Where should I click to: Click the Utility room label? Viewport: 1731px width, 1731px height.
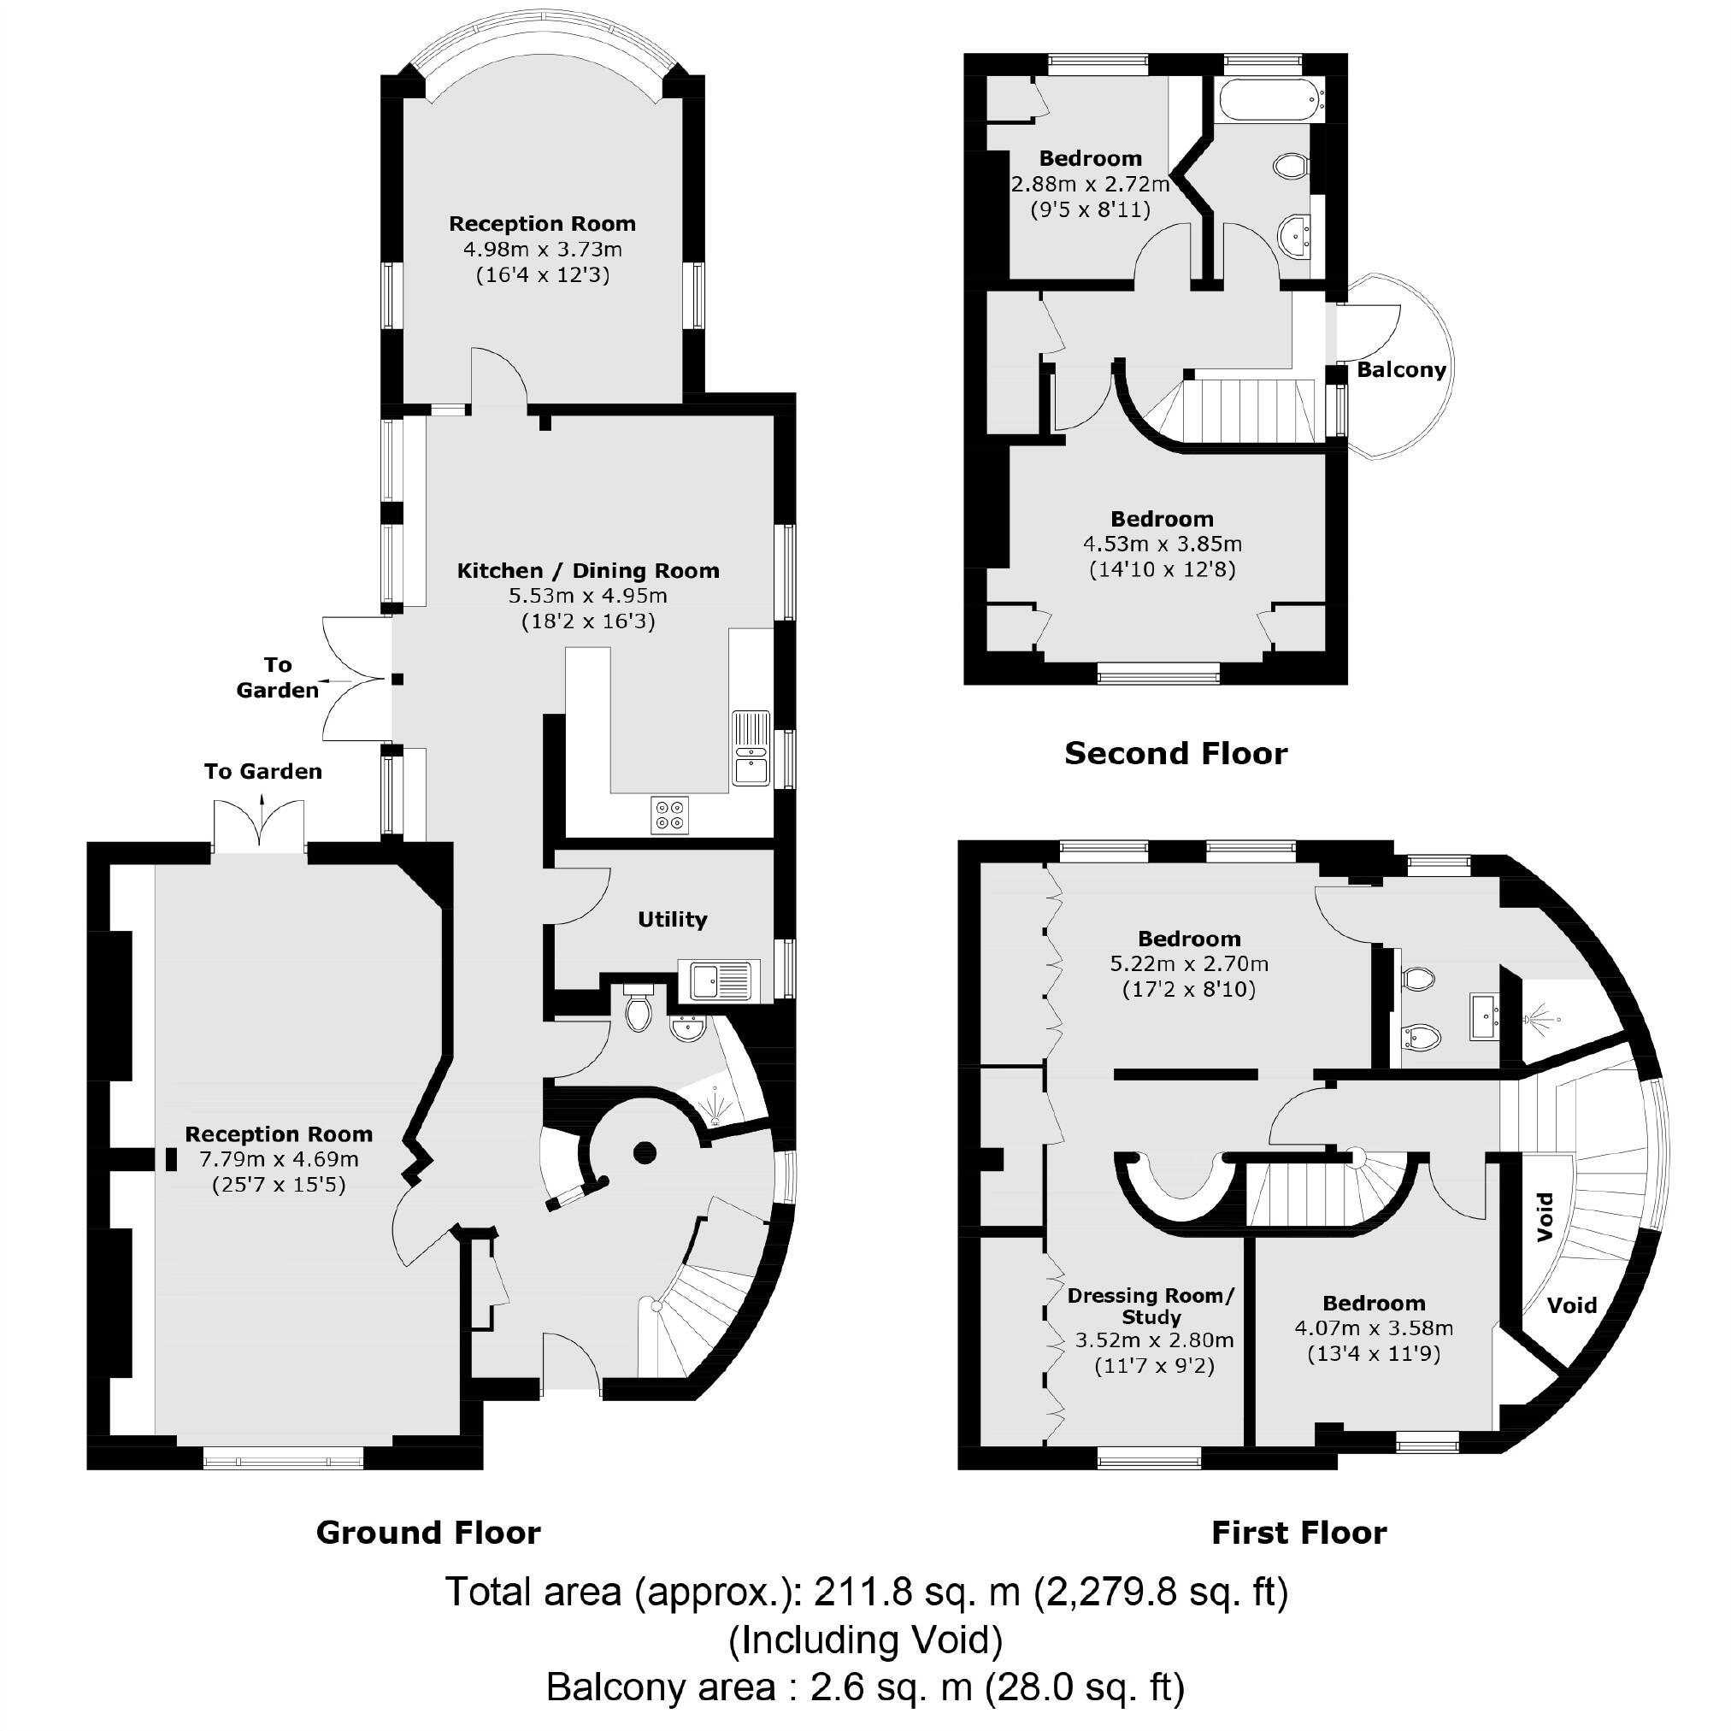[x=672, y=919]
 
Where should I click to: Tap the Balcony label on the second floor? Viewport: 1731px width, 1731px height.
[x=1401, y=370]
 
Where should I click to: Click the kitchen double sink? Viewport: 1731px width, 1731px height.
[x=751, y=748]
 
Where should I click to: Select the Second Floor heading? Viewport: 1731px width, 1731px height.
[x=1175, y=753]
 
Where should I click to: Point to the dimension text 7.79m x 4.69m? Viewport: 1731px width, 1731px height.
[x=279, y=1159]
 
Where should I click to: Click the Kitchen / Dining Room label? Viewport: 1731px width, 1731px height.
[x=588, y=571]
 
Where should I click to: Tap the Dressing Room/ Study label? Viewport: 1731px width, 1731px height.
[x=1151, y=1306]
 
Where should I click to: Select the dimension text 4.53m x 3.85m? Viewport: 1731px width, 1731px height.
[x=1162, y=544]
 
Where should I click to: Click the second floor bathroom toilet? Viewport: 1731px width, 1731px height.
[x=1290, y=166]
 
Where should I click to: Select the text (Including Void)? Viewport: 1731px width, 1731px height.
[x=864, y=1640]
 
